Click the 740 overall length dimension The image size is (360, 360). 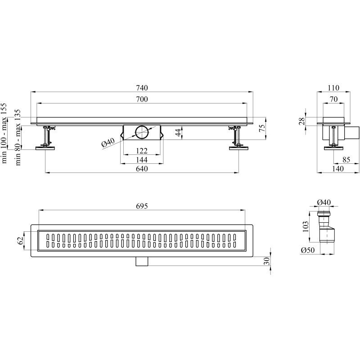click(142, 88)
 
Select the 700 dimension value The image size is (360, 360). click(142, 99)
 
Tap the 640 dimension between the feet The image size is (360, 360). click(142, 169)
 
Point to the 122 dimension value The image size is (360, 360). click(142, 151)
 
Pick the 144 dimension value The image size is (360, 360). click(142, 160)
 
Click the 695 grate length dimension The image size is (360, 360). click(142, 206)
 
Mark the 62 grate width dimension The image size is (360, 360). click(20, 241)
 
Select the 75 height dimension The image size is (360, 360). click(262, 126)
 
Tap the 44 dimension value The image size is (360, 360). click(179, 132)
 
